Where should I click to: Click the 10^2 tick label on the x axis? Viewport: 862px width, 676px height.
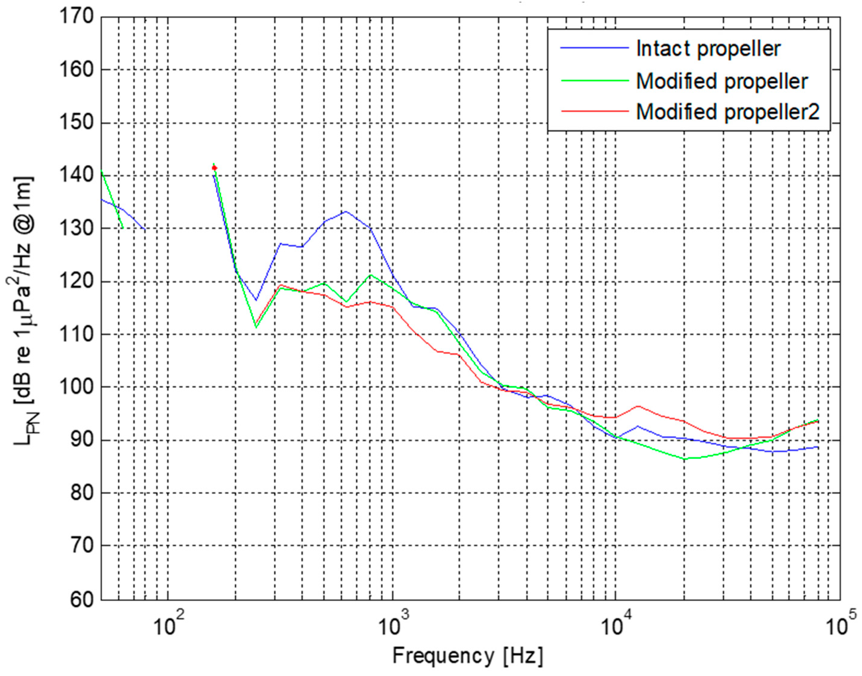[x=168, y=625]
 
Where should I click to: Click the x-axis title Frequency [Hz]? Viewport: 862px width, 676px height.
[x=467, y=656]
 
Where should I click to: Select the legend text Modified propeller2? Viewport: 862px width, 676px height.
[x=727, y=112]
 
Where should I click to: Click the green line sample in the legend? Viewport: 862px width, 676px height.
[x=594, y=80]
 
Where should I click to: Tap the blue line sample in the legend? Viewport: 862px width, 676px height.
[x=594, y=48]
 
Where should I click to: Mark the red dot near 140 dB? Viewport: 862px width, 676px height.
[x=214, y=168]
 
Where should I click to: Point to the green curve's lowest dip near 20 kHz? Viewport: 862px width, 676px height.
[x=685, y=459]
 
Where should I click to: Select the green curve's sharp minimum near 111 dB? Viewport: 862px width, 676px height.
[x=256, y=327]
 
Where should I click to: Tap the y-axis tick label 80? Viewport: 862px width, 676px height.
[x=81, y=493]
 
